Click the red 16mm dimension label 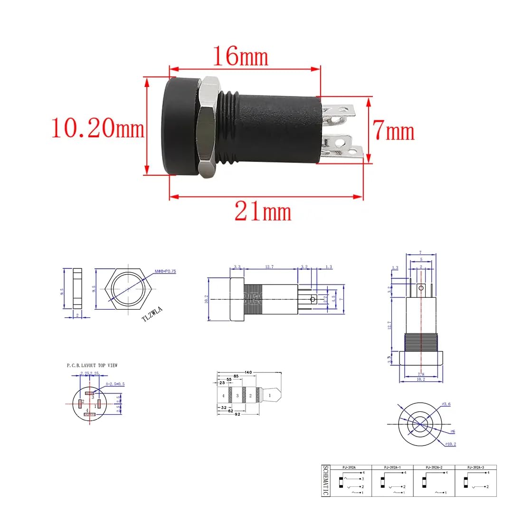(240, 57)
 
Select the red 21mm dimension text (263, 211)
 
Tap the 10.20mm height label (97, 128)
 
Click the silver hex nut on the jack (208, 128)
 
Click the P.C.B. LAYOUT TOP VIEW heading (92, 365)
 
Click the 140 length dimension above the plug (247, 372)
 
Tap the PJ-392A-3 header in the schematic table (475, 467)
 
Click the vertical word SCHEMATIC (325, 480)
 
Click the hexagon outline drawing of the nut (127, 287)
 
